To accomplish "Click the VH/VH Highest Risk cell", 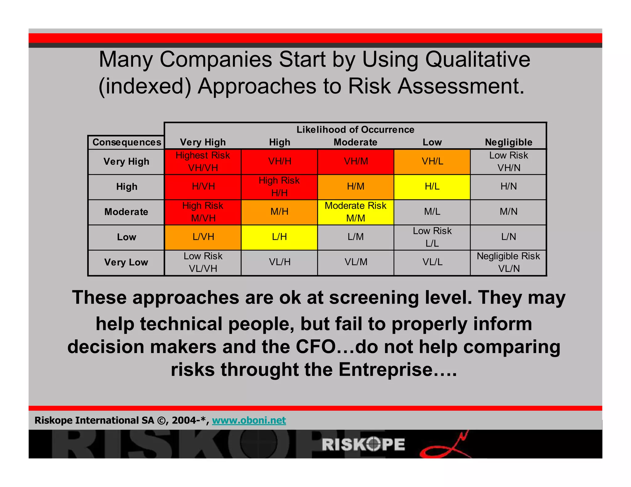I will (x=203, y=162).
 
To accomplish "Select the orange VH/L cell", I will (x=432, y=162).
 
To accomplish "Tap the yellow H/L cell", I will (x=432, y=187).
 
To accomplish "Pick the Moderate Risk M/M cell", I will (x=356, y=212).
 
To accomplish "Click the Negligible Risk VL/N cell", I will (x=508, y=262).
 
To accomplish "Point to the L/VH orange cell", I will (x=203, y=237).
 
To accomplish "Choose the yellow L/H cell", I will (x=279, y=237).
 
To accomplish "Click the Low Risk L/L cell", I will (x=432, y=237).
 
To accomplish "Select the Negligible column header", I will (x=508, y=142).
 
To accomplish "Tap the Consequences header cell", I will (x=127, y=142).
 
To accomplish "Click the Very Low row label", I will (x=126, y=262).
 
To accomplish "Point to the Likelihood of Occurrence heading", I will (x=355, y=130).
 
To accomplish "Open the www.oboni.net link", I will (x=249, y=420).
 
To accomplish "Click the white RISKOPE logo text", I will (x=364, y=445).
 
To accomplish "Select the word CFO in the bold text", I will (x=315, y=347).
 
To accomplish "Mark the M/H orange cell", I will (x=279, y=212).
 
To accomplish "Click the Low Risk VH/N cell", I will (x=508, y=162).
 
